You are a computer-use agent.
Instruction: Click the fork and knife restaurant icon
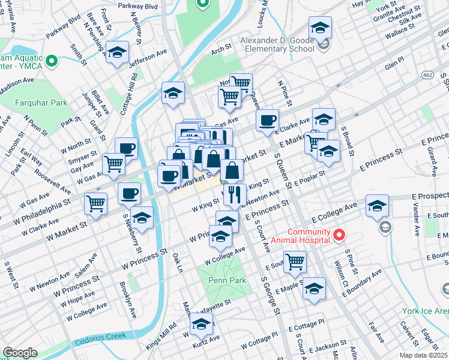234,193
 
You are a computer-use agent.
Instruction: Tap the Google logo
20,353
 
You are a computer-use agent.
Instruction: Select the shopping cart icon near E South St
295,261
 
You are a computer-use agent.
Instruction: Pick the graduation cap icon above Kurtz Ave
202,325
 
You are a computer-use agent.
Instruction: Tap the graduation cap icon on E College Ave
377,205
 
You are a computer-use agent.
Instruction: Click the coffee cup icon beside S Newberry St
129,193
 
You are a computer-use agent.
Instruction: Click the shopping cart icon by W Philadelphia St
96,203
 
